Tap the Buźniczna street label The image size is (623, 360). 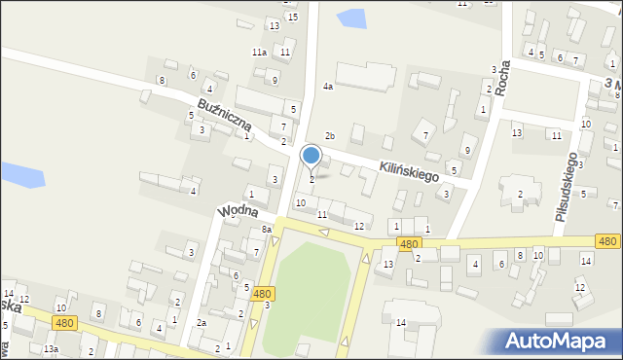(x=225, y=114)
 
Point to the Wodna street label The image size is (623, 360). (x=238, y=210)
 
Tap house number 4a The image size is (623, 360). (x=328, y=87)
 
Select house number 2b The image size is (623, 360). (x=330, y=135)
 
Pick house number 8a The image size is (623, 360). (x=266, y=229)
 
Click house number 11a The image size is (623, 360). (x=259, y=52)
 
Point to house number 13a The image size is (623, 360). (x=51, y=348)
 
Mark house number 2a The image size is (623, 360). (x=202, y=322)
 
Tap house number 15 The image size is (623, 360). (x=292, y=18)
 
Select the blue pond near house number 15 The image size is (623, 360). (x=350, y=18)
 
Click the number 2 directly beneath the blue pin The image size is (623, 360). (x=311, y=179)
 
